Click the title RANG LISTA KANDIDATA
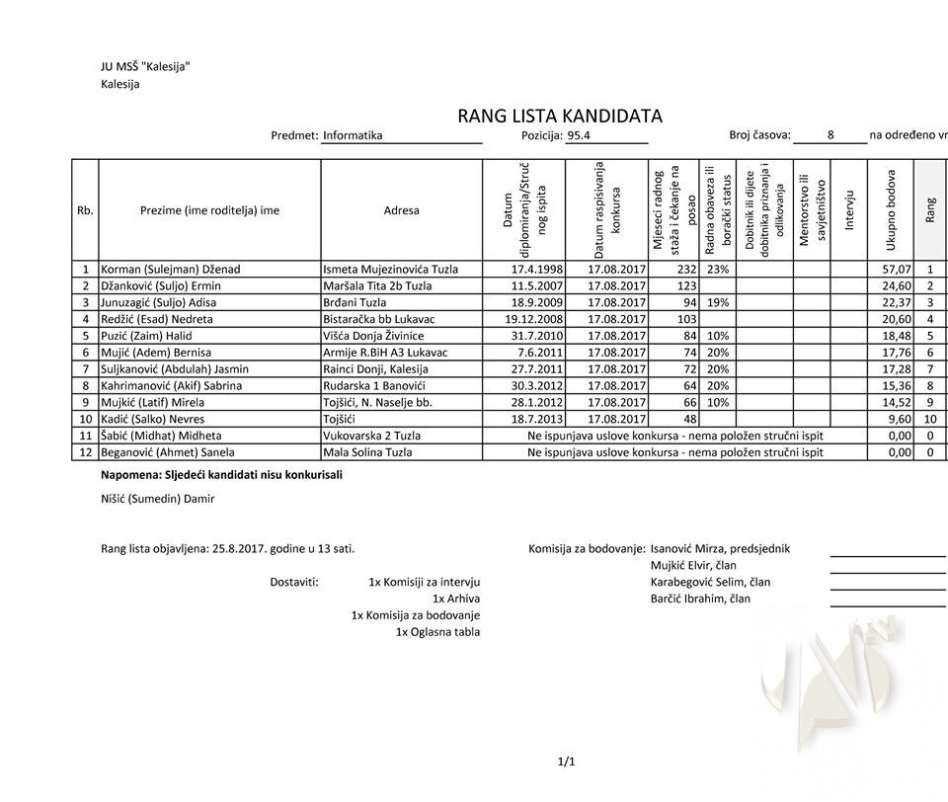(x=559, y=117)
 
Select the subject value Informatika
(x=353, y=136)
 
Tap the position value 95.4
(x=579, y=136)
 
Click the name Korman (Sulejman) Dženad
(x=170, y=269)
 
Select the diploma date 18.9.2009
(x=537, y=302)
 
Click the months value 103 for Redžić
(x=685, y=319)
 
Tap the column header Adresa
(x=401, y=210)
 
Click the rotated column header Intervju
(x=848, y=210)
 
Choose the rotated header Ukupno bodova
(x=890, y=210)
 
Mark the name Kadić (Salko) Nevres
(x=153, y=419)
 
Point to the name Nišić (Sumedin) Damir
(x=157, y=499)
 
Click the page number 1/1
(x=566, y=761)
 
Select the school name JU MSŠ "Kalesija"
(x=144, y=67)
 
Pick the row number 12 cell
(x=86, y=452)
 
